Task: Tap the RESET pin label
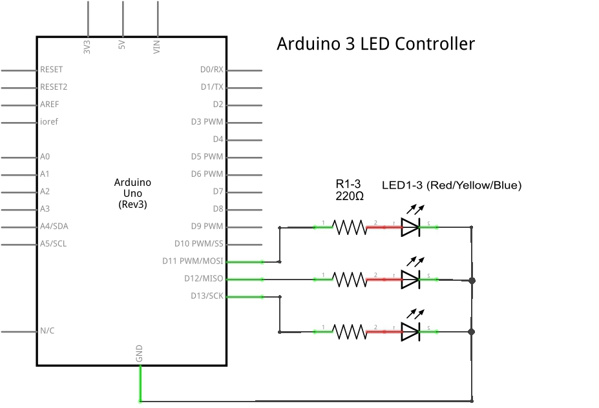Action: coord(52,69)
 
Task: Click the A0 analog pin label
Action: coord(45,156)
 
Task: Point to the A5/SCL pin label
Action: coord(54,243)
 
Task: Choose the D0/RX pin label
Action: coord(211,69)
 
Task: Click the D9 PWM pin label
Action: coord(206,226)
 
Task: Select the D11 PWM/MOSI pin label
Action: coord(193,261)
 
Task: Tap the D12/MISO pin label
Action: coord(203,278)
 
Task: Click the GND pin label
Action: coord(139,353)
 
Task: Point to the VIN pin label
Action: coord(157,46)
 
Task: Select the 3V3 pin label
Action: coord(87,46)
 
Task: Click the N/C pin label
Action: coord(47,331)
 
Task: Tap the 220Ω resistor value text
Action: coord(350,196)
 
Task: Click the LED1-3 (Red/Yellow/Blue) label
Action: coord(452,185)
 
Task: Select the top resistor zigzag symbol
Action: coord(350,227)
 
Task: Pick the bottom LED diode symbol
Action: coord(411,332)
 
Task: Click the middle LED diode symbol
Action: coord(411,279)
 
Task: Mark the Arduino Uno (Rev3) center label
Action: coord(132,193)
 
